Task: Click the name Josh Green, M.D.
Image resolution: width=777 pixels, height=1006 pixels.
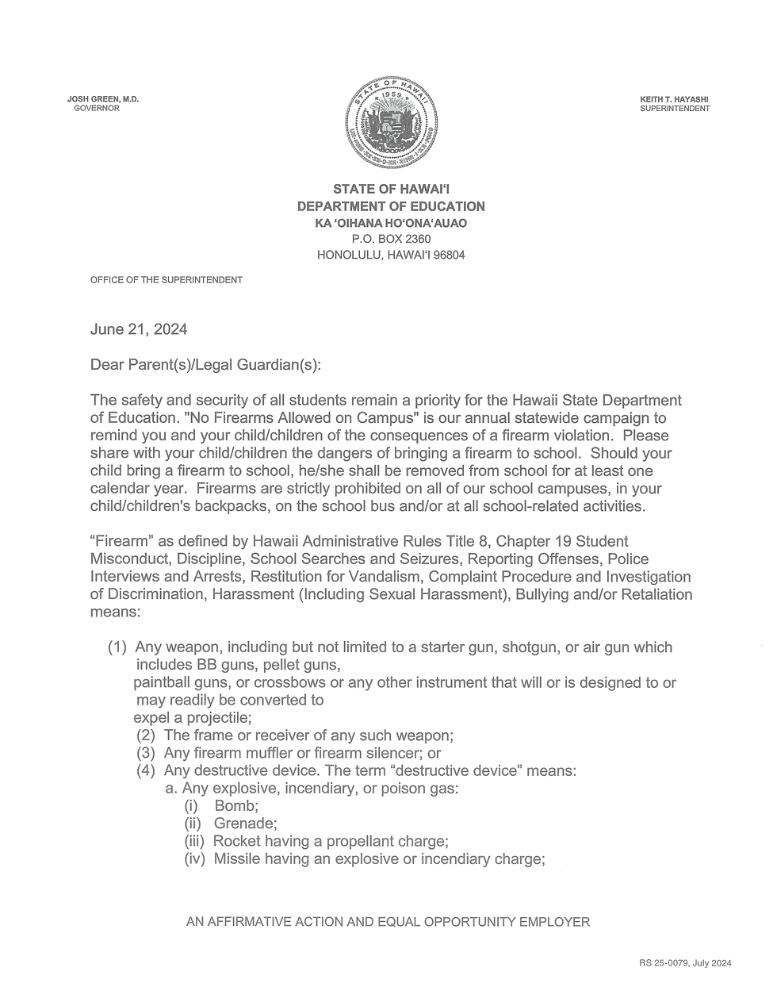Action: (x=103, y=99)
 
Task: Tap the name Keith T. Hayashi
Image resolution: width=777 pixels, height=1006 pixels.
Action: (x=674, y=99)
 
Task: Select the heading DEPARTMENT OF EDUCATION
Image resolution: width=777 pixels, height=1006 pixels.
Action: (x=391, y=206)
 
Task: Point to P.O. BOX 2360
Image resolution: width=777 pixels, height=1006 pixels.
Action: (x=391, y=239)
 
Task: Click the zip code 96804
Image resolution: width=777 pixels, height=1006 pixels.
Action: (x=448, y=255)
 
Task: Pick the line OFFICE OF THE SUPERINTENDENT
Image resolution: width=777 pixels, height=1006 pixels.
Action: (x=166, y=280)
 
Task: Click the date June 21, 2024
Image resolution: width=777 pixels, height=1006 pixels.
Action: (x=139, y=329)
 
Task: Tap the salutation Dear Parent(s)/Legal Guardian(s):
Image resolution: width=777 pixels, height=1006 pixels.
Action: (x=206, y=365)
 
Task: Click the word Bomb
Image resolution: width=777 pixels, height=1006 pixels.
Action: (x=231, y=806)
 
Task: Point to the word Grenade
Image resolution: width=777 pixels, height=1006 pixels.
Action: (x=244, y=824)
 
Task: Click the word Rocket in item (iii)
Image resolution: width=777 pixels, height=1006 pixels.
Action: (x=236, y=841)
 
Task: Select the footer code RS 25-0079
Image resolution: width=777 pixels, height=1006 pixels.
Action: (x=664, y=963)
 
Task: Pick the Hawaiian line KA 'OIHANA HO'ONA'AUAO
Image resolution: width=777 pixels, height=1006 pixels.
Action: (x=391, y=223)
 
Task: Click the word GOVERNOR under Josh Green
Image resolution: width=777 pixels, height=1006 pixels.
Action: (x=97, y=109)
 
